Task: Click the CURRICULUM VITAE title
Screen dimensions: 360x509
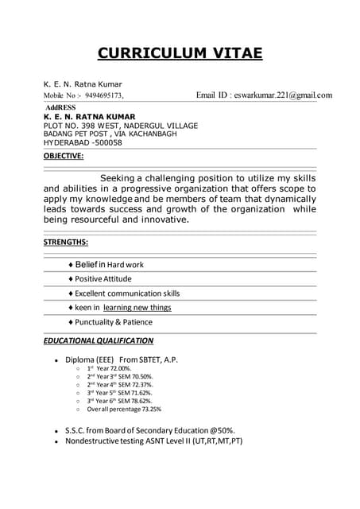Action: pyautogui.click(x=180, y=53)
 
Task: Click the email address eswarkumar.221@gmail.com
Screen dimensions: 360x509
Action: pyautogui.click(x=283, y=95)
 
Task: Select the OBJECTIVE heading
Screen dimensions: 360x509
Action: pyautogui.click(x=64, y=156)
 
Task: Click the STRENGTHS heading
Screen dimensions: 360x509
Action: pyautogui.click(x=66, y=242)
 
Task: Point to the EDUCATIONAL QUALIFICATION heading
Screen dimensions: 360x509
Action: pyautogui.click(x=99, y=340)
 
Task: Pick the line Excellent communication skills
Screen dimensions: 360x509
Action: pyautogui.click(x=127, y=293)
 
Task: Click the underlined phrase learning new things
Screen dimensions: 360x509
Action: pyautogui.click(x=137, y=307)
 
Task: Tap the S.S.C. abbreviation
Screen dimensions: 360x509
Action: pyautogui.click(x=77, y=429)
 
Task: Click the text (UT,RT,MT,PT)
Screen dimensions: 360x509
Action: pyautogui.click(x=214, y=440)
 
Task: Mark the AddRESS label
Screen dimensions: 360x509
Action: pyautogui.click(x=61, y=107)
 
